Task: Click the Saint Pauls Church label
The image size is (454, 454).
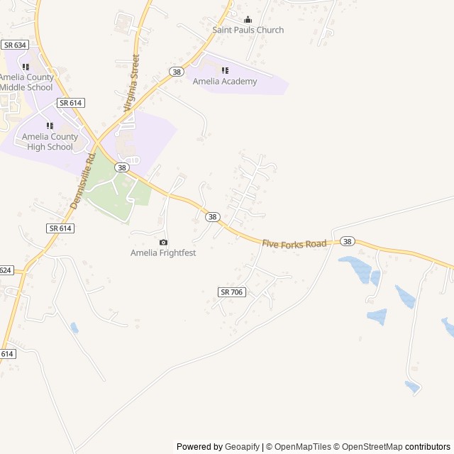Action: point(248,30)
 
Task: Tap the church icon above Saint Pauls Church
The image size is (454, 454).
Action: point(248,20)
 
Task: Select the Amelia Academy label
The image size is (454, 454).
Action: point(225,82)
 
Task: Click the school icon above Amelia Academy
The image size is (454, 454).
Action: point(225,70)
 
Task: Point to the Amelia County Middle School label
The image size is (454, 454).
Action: point(26,82)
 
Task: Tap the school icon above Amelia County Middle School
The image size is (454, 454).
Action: point(26,67)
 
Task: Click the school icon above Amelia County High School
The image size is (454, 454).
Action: point(50,126)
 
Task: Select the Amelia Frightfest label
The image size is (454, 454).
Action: point(163,253)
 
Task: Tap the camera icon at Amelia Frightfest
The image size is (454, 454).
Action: point(163,243)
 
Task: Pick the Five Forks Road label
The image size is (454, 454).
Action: point(294,244)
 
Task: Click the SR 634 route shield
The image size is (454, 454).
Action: point(14,45)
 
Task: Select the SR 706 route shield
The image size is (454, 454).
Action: point(232,292)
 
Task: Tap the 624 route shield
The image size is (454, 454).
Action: point(6,270)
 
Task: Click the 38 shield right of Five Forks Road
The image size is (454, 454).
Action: point(346,242)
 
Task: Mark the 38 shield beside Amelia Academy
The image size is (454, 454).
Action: point(177,72)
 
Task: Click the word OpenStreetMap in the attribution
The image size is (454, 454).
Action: point(370,447)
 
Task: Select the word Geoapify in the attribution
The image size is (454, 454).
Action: point(242,447)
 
